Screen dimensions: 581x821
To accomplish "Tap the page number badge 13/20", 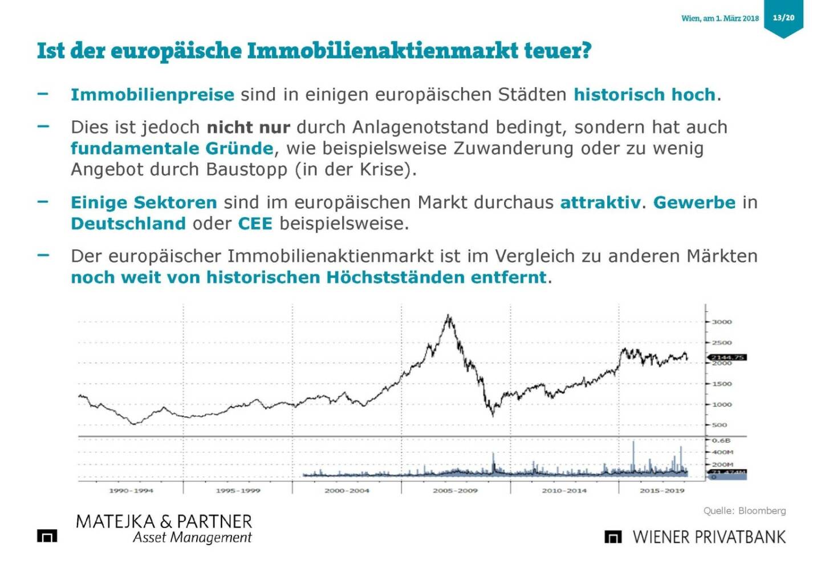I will pyautogui.click(x=783, y=18).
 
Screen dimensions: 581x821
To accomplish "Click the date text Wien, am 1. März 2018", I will pyautogui.click(x=720, y=18).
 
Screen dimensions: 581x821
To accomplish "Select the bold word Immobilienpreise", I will pyautogui.click(x=152, y=95).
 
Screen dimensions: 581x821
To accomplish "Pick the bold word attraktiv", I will pyautogui.click(x=600, y=202).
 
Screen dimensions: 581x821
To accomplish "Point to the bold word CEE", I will pyautogui.click(x=255, y=224).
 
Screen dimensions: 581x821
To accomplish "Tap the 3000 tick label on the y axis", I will pyautogui.click(x=721, y=322).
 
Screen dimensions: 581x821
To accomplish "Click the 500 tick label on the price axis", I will pyautogui.click(x=720, y=425).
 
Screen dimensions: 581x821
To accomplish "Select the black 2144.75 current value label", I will pyautogui.click(x=727, y=357).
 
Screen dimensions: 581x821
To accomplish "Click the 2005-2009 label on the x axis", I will pyautogui.click(x=455, y=490).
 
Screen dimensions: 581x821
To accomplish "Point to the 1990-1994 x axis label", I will pyautogui.click(x=131, y=490).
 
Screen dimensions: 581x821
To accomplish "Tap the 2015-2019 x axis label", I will pyautogui.click(x=661, y=490).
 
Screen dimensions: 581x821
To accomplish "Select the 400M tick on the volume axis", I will pyautogui.click(x=722, y=452).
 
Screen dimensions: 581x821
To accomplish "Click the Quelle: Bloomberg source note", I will pyautogui.click(x=744, y=511).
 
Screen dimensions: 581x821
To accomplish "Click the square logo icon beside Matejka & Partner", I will pyautogui.click(x=47, y=535).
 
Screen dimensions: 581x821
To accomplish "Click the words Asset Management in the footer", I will pyautogui.click(x=192, y=538).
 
